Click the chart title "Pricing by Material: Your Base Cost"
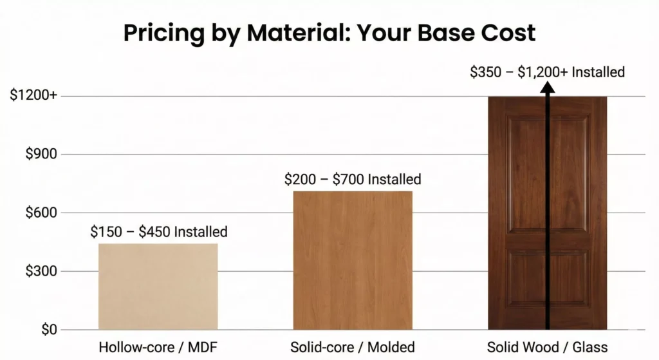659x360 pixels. [329, 33]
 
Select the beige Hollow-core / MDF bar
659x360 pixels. [158, 287]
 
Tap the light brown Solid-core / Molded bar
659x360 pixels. [353, 260]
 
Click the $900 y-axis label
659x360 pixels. [41, 154]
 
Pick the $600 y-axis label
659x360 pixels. [41, 213]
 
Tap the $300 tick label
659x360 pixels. [41, 271]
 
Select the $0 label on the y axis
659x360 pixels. [49, 329]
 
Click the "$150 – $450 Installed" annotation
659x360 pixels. [159, 232]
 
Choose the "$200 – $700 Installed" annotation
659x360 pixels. [353, 179]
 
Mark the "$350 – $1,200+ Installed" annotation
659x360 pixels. [547, 72]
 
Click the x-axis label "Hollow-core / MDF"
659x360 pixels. [158, 347]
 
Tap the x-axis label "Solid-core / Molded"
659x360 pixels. [353, 347]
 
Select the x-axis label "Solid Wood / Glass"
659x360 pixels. [547, 347]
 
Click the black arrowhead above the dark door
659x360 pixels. [548, 88]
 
